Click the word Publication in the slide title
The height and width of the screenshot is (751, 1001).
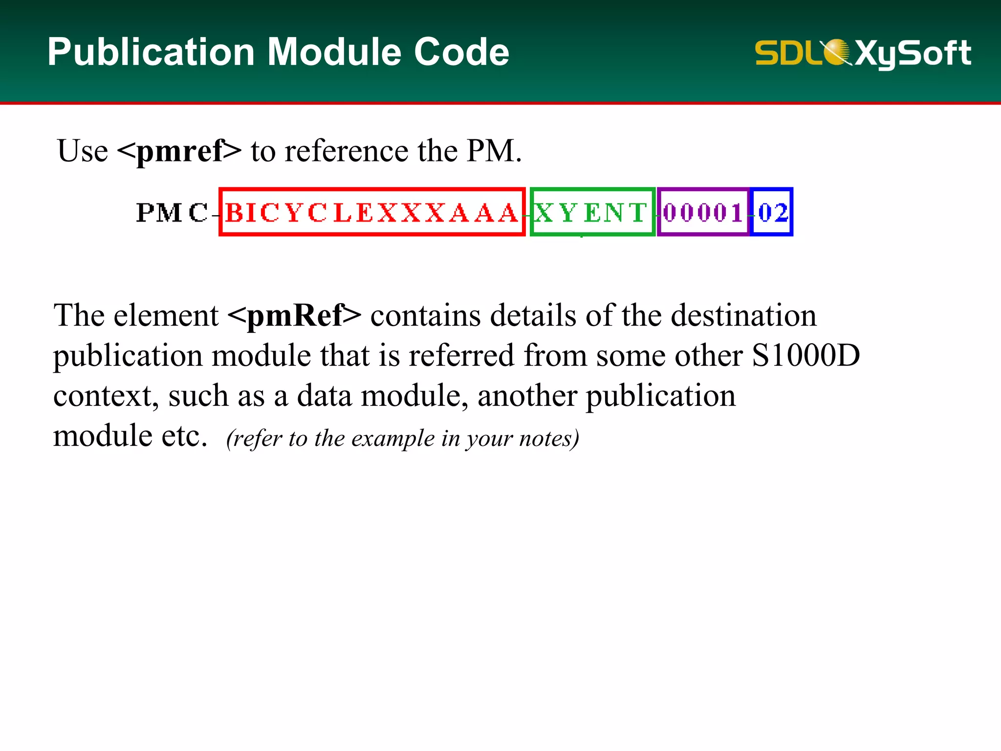coord(151,52)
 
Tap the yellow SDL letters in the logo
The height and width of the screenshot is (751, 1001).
coord(787,53)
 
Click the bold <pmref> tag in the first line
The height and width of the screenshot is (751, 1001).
coord(179,151)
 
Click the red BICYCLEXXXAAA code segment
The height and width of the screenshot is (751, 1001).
coord(372,213)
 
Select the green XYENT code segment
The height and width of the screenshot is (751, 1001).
coord(591,213)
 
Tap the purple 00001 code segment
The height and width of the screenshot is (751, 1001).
coord(703,213)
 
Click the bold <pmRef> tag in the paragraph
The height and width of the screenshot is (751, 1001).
coord(294,316)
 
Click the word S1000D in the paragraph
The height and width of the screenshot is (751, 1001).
coord(805,355)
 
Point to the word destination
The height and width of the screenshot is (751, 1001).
coord(743,316)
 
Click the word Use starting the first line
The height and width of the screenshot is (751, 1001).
coord(83,151)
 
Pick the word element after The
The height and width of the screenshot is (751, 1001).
coord(166,316)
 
